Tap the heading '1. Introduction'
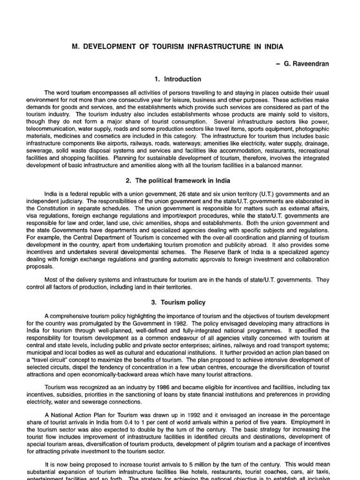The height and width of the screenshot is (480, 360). (x=180, y=79)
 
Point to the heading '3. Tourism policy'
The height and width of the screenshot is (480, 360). (x=180, y=302)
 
